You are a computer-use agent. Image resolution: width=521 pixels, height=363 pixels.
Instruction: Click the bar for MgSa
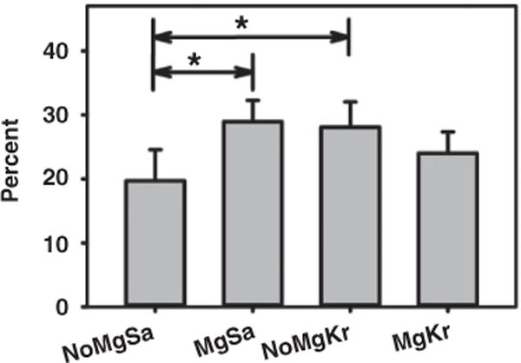[x=253, y=214]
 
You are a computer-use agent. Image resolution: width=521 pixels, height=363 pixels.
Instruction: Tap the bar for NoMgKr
[x=350, y=216]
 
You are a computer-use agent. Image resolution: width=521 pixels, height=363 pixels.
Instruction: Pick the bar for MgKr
[x=447, y=229]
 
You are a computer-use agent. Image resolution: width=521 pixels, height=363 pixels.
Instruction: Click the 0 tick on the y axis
[x=76, y=307]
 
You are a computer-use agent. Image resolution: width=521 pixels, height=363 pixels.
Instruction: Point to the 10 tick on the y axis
[x=70, y=243]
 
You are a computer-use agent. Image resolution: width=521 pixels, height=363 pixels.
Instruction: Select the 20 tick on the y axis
[x=70, y=179]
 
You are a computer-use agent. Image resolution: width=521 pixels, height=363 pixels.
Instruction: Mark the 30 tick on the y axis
[x=70, y=115]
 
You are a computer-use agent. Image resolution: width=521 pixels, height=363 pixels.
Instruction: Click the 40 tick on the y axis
[x=70, y=51]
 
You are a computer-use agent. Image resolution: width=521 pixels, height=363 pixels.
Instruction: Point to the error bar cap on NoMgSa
[x=155, y=150]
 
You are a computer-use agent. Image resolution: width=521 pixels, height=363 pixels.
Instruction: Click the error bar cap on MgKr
[x=447, y=132]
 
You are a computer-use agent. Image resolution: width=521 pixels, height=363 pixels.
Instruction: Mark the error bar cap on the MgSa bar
[x=253, y=100]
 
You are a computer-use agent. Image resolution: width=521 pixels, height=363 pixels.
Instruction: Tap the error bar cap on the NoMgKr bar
[x=350, y=102]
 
